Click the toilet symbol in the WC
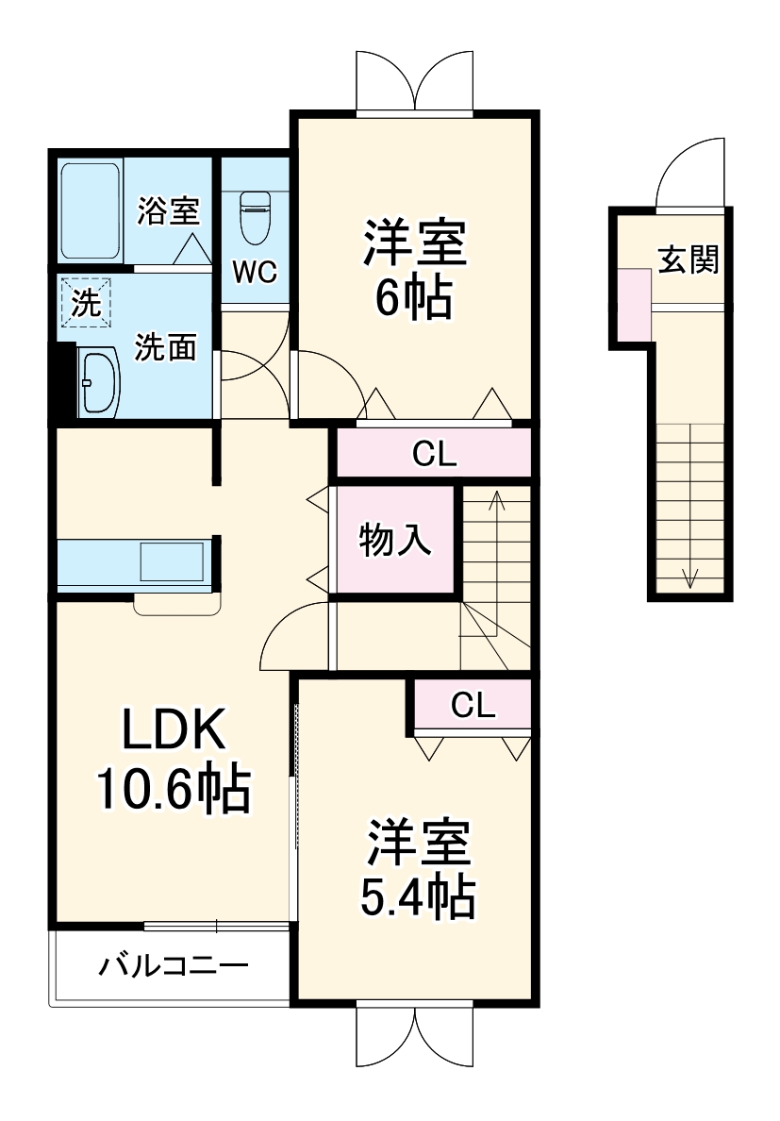point(255,218)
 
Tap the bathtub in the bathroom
point(91,211)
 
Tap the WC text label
point(255,273)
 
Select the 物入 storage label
point(395,541)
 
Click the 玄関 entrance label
point(689,259)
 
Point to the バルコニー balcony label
point(174,966)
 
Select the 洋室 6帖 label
point(414,269)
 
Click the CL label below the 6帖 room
point(435,455)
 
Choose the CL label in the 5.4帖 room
point(473,705)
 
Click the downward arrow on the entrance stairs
point(690,577)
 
